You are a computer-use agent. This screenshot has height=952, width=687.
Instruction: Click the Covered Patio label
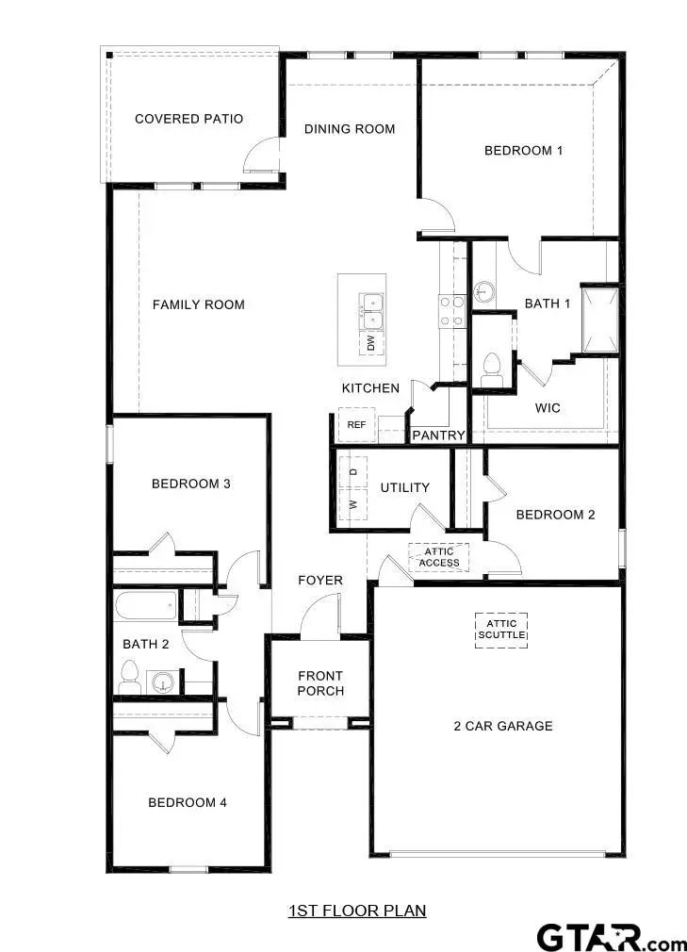(x=188, y=119)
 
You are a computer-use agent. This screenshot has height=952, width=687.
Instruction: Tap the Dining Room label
(x=350, y=129)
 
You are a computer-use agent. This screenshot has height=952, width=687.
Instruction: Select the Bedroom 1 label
(x=523, y=150)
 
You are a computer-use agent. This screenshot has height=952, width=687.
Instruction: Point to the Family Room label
(x=199, y=304)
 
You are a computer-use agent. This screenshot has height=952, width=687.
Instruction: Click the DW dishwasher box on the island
(x=370, y=344)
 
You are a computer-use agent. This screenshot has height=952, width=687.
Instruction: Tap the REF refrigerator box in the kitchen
(x=356, y=425)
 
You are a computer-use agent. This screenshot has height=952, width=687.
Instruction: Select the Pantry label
(x=439, y=435)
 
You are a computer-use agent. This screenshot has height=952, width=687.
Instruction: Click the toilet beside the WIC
(x=492, y=369)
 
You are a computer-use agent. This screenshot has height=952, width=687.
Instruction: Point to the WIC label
(x=548, y=408)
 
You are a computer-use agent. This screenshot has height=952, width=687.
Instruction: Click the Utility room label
(x=405, y=487)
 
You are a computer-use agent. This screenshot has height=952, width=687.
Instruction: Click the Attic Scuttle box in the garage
(x=501, y=630)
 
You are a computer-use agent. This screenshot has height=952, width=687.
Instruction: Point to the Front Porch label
(x=320, y=683)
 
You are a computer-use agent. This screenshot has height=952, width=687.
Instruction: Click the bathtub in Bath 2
(x=145, y=605)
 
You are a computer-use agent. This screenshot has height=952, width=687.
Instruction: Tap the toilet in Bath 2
(x=130, y=676)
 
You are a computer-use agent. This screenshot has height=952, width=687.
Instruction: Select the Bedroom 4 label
(x=188, y=803)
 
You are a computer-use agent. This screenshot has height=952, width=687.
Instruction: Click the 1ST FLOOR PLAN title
(x=357, y=911)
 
